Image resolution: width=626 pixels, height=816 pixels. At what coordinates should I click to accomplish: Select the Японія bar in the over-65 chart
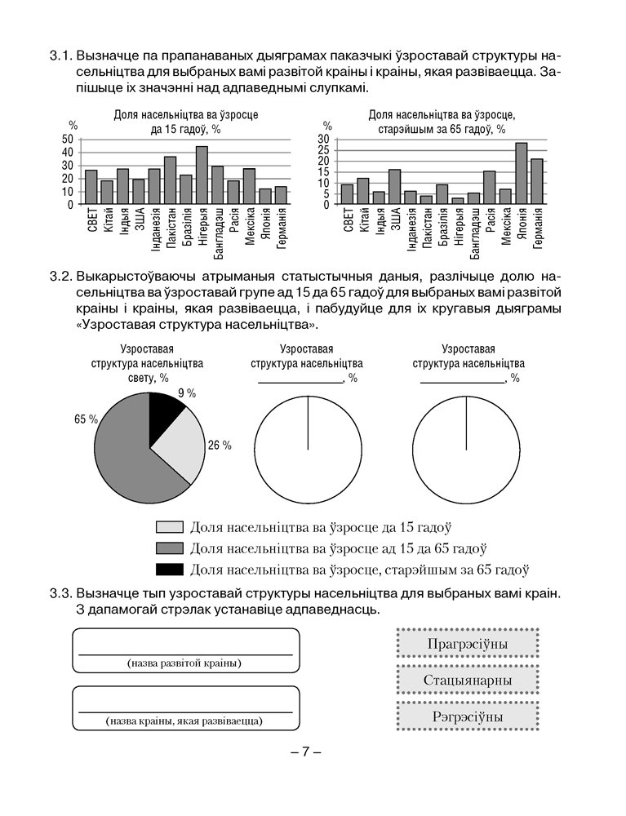point(521,174)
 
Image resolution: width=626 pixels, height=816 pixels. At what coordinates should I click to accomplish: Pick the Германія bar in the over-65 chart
point(536,181)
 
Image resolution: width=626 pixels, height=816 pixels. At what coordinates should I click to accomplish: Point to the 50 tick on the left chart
point(68,140)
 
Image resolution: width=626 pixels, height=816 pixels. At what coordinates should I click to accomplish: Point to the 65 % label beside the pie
point(86,419)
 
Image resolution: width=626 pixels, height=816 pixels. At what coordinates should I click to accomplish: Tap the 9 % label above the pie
point(187,393)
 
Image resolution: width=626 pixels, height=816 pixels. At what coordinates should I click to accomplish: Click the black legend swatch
point(169,569)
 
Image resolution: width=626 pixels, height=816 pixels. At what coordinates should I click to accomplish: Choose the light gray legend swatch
point(169,527)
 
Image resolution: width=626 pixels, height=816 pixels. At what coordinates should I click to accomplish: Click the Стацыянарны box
point(467,680)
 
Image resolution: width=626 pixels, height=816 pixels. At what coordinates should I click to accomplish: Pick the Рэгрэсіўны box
point(467,716)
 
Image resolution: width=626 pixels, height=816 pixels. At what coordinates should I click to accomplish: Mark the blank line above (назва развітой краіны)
point(184,653)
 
